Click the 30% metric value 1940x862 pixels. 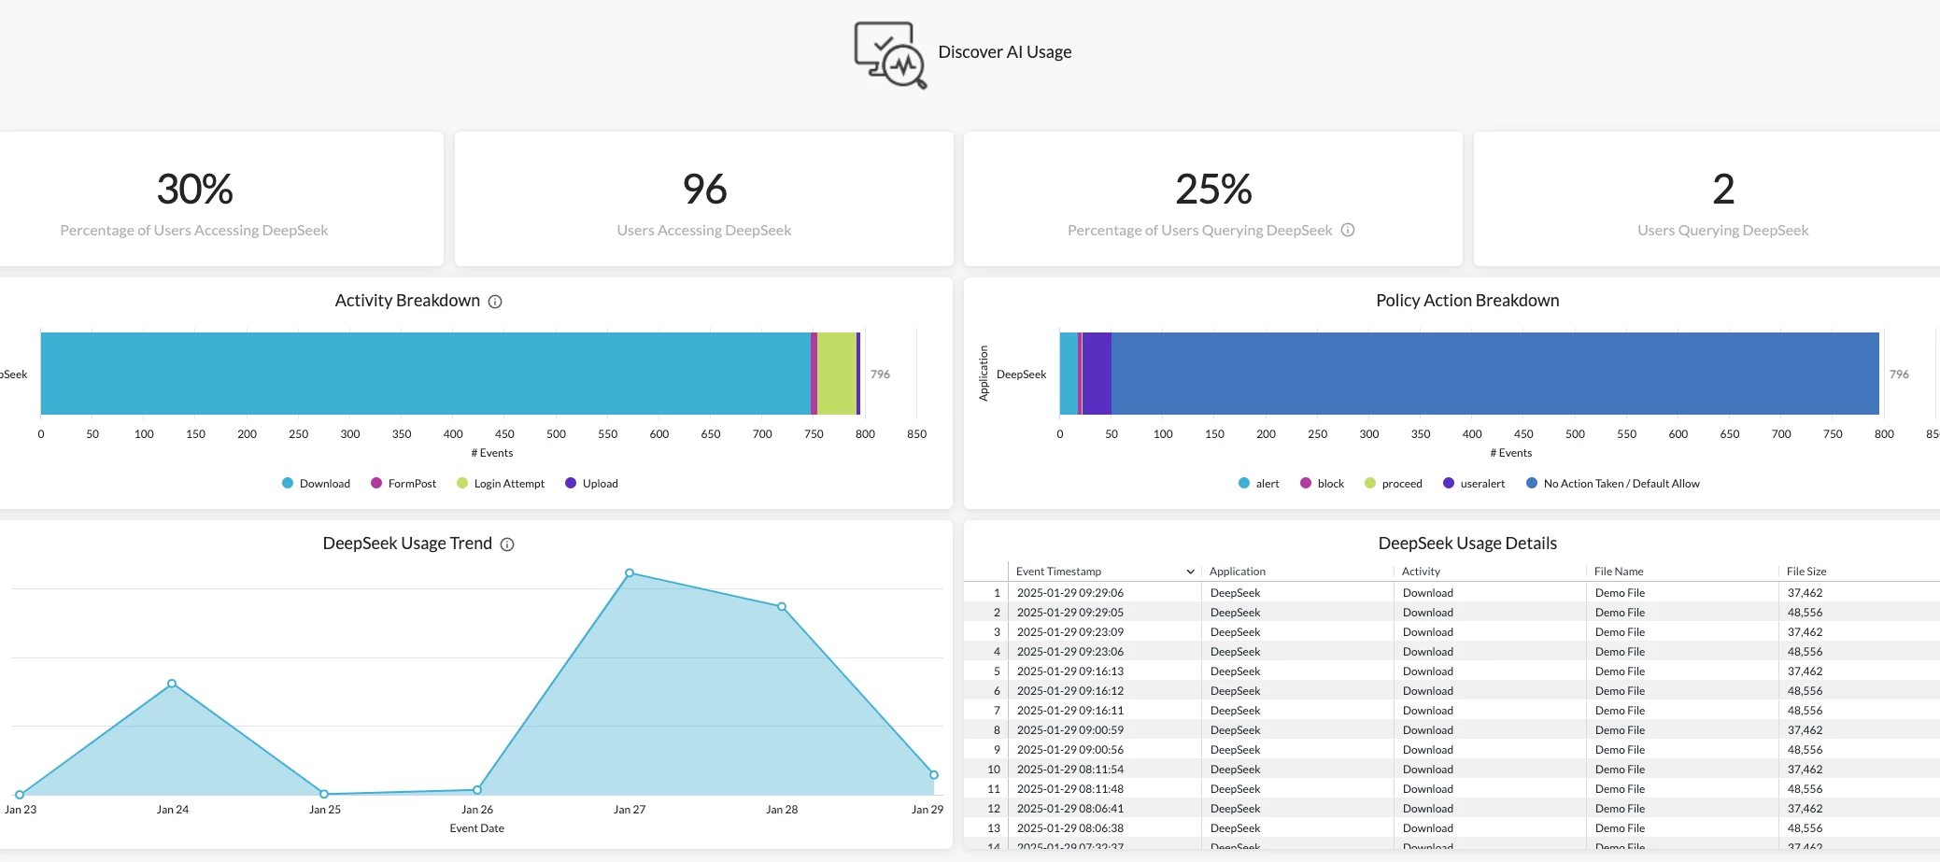coord(194,190)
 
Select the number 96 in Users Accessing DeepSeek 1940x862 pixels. coord(704,190)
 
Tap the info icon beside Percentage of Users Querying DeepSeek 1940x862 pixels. coord(1348,230)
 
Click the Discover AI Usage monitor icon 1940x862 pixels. coord(890,55)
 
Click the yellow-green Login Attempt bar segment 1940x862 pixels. coord(837,374)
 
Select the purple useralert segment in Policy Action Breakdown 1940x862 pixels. coord(1097,374)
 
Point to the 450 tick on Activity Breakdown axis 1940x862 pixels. coord(504,434)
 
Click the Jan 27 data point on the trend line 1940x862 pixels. coord(630,572)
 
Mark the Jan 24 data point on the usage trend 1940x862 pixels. coord(172,684)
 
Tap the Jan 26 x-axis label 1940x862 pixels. coord(477,810)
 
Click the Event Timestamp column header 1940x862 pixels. coord(1058,572)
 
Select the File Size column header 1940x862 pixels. coord(1806,572)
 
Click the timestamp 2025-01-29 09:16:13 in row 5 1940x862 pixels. coord(1069,671)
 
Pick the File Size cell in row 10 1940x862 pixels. coord(1805,770)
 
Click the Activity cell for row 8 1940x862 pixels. coord(1427,730)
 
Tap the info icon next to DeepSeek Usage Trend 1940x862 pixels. coord(507,544)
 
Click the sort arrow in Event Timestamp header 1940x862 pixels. coord(1190,572)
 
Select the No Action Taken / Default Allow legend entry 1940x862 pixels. coord(1621,484)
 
